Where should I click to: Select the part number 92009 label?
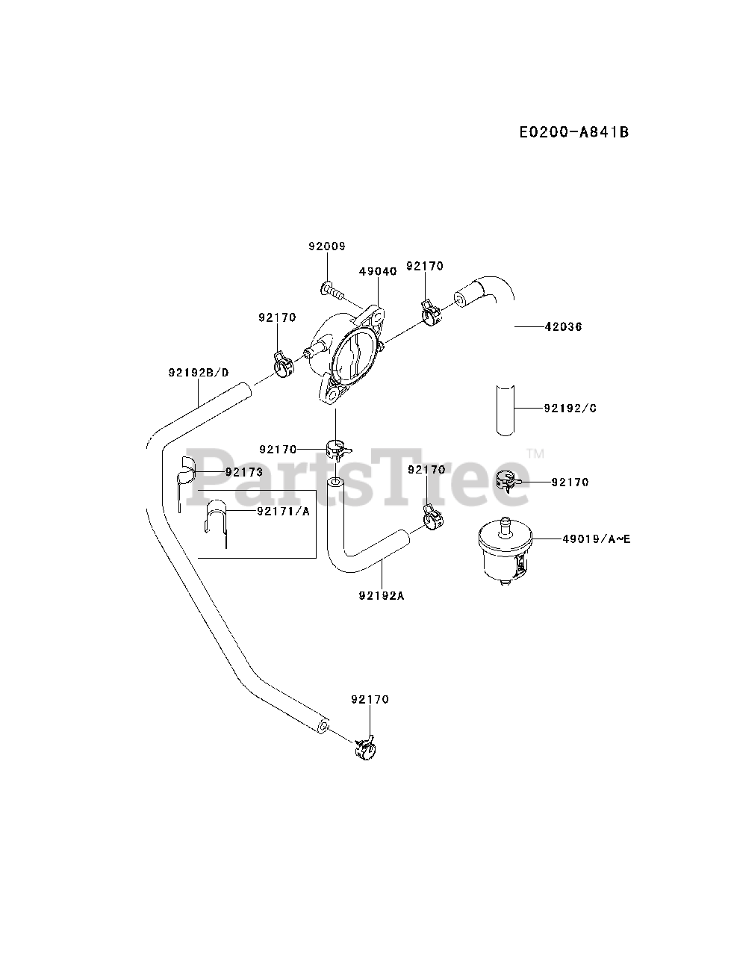[327, 246]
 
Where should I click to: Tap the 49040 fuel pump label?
[379, 271]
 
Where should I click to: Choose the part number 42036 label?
[564, 326]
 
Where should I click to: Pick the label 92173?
[244, 472]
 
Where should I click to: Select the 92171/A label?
[283, 512]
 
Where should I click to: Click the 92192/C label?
[570, 409]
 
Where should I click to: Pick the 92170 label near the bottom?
[370, 700]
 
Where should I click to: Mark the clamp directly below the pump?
[337, 450]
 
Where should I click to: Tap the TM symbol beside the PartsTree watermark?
[535, 453]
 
